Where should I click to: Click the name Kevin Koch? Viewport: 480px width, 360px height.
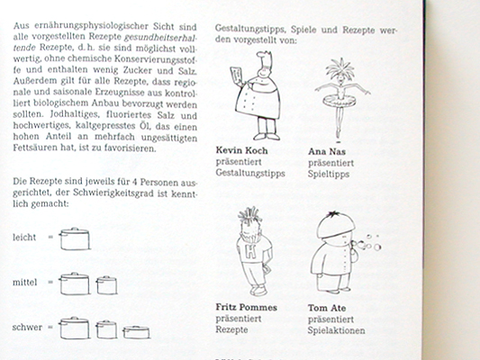point(241,150)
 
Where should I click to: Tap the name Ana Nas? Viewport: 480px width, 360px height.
point(327,151)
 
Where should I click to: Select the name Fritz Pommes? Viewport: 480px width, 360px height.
point(246,307)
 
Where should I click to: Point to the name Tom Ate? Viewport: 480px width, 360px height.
point(327,308)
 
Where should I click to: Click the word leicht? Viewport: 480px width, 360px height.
point(24,238)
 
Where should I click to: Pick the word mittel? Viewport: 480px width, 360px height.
point(25,283)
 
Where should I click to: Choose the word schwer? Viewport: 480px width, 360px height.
point(27,328)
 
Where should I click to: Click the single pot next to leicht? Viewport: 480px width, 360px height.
point(75,238)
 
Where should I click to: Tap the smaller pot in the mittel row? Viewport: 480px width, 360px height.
point(106,285)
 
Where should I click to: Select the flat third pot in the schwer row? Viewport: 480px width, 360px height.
point(137,332)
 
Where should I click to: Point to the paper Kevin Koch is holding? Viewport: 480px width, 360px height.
point(236,76)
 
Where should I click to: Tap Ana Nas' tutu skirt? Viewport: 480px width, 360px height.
point(340,99)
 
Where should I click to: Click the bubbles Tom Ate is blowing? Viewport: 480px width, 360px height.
point(368,243)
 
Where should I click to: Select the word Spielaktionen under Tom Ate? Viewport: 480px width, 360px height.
point(337,330)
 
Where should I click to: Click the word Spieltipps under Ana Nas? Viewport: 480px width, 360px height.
point(329,174)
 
